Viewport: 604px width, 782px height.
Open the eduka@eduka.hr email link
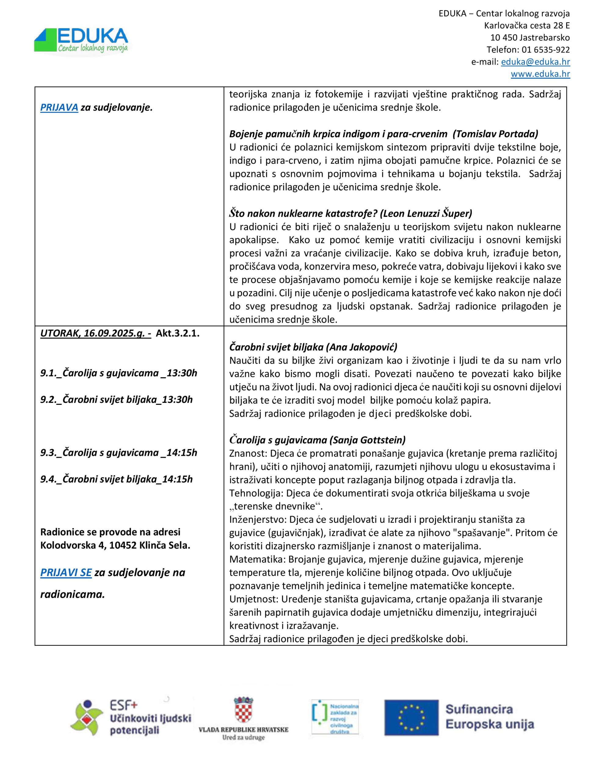pyautogui.click(x=535, y=62)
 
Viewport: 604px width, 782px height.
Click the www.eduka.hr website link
pyautogui.click(x=540, y=74)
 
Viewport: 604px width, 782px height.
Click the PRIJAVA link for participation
pyautogui.click(x=59, y=108)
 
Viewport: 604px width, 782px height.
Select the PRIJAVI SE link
pyautogui.click(x=66, y=572)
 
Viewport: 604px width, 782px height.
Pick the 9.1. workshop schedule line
pyautogui.click(x=118, y=373)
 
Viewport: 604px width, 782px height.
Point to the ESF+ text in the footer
pyautogui.click(x=124, y=705)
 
